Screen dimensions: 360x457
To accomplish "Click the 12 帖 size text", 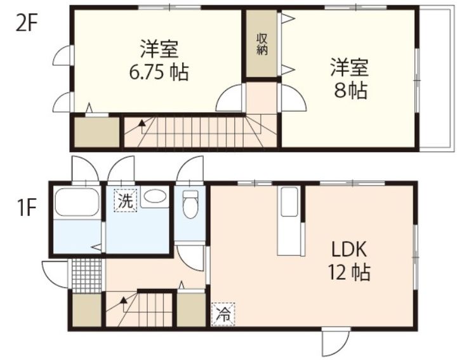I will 349,273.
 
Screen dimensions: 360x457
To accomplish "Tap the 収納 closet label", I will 262,44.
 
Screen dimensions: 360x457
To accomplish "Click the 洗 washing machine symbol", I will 125,201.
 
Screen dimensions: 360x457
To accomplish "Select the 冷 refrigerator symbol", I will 223,313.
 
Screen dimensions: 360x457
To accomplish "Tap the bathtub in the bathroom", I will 77,203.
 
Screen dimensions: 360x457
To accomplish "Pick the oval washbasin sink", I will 154,197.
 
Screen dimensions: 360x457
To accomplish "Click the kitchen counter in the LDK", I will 289,222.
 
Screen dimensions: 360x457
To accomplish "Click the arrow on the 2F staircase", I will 140,123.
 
